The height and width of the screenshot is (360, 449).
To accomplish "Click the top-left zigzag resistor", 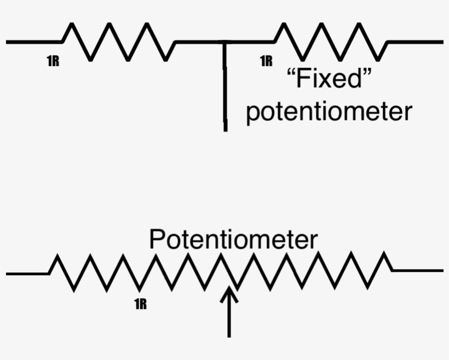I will (118, 42).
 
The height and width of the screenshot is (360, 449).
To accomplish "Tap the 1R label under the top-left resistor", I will (53, 61).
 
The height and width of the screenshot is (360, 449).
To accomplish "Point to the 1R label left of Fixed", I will (266, 61).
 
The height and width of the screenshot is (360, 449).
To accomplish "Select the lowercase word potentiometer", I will (329, 112).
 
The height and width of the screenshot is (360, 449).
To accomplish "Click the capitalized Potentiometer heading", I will (233, 240).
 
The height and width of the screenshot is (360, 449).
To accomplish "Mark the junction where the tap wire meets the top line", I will (225, 42).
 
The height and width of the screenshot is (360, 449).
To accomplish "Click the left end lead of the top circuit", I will (33, 42).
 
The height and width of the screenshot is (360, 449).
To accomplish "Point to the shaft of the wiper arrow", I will (229, 320).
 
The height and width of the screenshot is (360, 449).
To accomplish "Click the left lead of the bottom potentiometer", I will (27, 272).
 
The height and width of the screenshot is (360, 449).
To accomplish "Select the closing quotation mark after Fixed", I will (369, 74).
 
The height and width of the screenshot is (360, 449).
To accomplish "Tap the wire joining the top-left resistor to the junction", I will (197, 42).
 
